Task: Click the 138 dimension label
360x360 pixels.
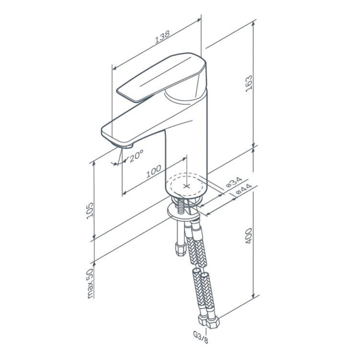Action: (162, 36)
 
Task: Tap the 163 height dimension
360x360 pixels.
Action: (249, 84)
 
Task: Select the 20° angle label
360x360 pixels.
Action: (136, 156)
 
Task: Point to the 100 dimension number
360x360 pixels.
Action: (154, 171)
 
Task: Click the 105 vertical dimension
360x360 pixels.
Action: (90, 211)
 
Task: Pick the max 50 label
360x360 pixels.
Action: (90, 284)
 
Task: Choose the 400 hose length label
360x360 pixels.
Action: (249, 236)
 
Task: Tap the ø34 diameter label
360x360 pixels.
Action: (234, 182)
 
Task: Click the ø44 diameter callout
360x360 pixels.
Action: (244, 189)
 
